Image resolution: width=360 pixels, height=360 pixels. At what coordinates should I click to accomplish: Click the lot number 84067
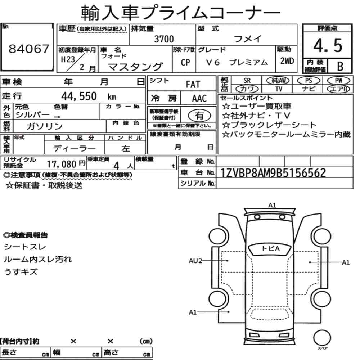click(x=28, y=50)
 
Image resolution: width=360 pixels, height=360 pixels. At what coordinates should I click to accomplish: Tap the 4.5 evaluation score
click(x=327, y=46)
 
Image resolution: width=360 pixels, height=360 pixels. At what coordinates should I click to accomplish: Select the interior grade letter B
click(x=340, y=66)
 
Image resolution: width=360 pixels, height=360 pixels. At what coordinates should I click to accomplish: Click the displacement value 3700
click(x=163, y=39)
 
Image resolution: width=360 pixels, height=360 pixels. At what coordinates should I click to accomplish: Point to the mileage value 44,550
click(x=79, y=96)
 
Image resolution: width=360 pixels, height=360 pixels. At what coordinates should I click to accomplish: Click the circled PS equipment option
click(x=309, y=80)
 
